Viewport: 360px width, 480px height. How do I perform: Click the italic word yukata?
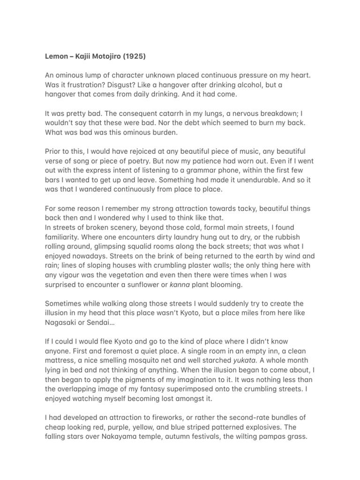tap(245, 360)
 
